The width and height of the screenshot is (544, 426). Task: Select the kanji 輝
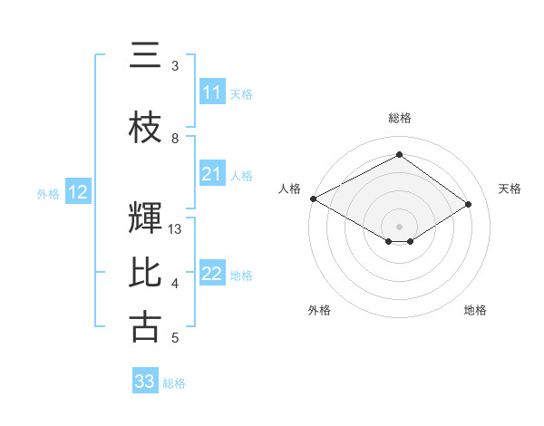pos(145,218)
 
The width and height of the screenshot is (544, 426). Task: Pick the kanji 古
pos(145,326)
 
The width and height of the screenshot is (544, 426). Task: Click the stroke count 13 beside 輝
pos(175,229)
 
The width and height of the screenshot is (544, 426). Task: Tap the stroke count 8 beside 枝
pos(175,139)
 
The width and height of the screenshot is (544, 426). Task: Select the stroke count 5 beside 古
pos(175,338)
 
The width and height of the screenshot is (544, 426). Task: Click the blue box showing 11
pos(212,92)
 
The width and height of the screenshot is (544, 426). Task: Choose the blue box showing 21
pos(212,174)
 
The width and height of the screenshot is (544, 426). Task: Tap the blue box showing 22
pos(212,274)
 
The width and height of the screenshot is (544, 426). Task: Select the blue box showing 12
pos(78,192)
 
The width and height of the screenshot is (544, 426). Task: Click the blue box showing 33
pos(145,382)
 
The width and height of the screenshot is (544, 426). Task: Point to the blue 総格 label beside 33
pos(174,383)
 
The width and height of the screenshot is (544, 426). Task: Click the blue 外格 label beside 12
pos(48,193)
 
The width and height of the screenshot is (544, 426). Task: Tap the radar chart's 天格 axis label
pos(510,189)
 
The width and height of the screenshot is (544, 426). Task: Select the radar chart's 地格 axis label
pos(475,310)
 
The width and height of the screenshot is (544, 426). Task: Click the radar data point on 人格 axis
pos(313,198)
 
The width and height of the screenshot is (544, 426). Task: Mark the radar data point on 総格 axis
pos(399,154)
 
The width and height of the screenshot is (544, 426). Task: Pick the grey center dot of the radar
pos(399,225)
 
